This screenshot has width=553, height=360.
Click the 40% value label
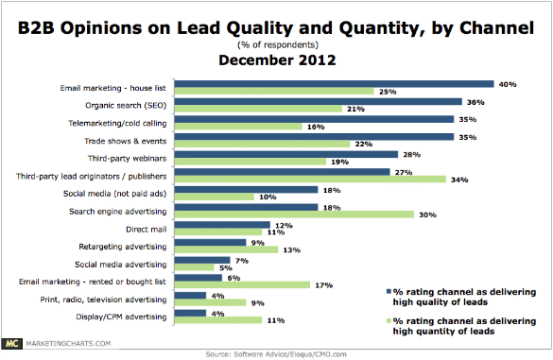(x=508, y=83)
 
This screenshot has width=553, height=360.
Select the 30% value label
(x=426, y=214)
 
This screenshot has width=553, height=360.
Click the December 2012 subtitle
(x=276, y=58)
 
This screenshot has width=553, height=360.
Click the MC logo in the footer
(x=12, y=348)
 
